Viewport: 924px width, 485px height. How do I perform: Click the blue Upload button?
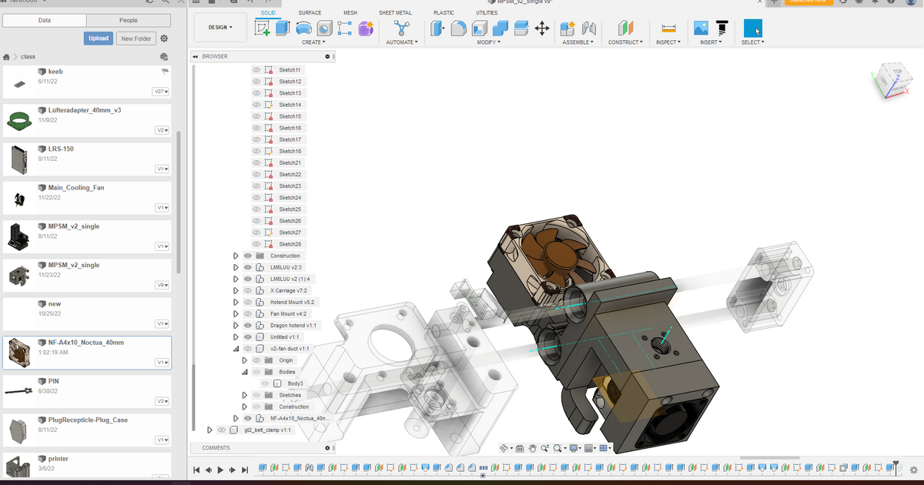(x=99, y=38)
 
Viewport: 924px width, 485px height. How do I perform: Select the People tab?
(x=129, y=20)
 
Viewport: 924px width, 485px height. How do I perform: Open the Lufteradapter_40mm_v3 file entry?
(x=84, y=110)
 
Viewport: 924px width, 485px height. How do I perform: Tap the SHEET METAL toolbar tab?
(x=395, y=13)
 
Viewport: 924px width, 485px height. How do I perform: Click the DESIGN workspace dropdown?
(x=220, y=27)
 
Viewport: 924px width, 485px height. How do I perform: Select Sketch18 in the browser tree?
(x=290, y=151)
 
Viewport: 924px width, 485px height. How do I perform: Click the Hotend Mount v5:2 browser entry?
(x=292, y=302)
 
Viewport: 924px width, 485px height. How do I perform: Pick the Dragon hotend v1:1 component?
(x=293, y=325)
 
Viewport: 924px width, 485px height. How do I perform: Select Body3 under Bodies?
(x=295, y=383)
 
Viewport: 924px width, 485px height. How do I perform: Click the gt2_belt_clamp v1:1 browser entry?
(x=267, y=430)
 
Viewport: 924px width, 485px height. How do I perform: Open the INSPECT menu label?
(x=667, y=42)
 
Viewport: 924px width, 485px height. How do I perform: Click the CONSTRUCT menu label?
(x=624, y=42)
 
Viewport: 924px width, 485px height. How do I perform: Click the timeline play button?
(x=220, y=470)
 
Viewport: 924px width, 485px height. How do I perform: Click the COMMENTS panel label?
(x=216, y=447)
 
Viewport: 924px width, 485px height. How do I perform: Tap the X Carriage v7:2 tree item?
(x=288, y=290)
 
